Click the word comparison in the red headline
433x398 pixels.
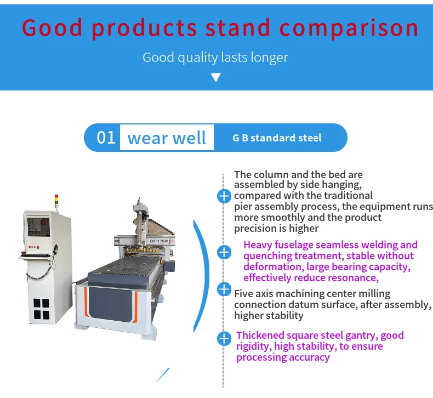coord(349,29)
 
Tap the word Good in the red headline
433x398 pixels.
coord(52,27)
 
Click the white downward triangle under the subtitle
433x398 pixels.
coord(215,77)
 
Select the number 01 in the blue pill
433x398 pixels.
coord(106,138)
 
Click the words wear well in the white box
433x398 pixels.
coord(167,138)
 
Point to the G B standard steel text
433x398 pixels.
coord(277,138)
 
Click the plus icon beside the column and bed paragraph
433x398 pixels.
coord(224,196)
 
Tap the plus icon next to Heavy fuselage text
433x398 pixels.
coord(224,252)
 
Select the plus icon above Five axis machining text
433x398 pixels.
coord(224,289)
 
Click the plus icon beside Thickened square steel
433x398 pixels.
coord(224,339)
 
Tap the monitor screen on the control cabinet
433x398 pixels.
coord(39,227)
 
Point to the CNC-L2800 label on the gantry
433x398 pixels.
coord(159,241)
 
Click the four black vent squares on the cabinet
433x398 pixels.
coord(42,309)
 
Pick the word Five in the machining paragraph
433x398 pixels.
coord(244,293)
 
